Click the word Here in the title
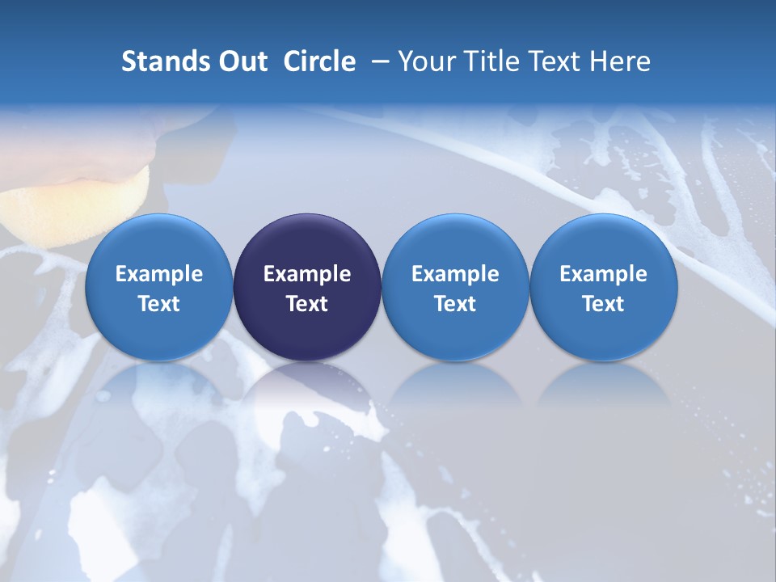pos(620,61)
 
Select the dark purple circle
pos(307,287)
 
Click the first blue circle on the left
pos(159,287)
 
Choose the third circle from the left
pos(455,287)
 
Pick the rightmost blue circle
pos(604,287)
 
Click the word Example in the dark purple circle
pos(307,274)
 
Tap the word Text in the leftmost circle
pos(159,304)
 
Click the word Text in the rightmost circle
pos(604,304)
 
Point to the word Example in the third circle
pos(455,274)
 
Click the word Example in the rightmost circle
pos(604,274)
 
